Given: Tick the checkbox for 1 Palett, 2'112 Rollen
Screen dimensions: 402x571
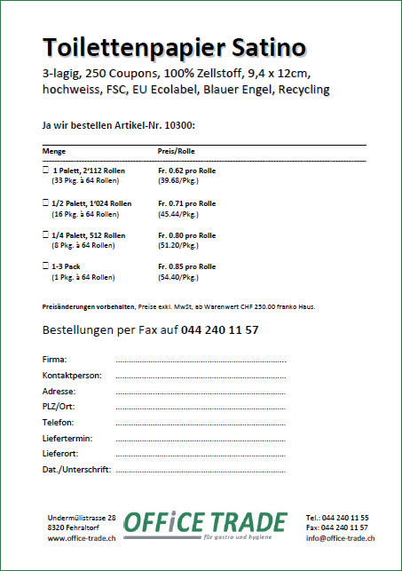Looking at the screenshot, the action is tap(45, 169).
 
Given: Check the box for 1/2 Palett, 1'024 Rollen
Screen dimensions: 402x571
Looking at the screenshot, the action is tap(45, 202).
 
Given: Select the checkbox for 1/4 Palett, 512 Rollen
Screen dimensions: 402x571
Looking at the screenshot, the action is tap(45, 234).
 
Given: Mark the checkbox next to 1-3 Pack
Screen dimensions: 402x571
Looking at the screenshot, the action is tap(45, 266).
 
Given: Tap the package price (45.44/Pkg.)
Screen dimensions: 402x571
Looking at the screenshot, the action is tap(177, 213).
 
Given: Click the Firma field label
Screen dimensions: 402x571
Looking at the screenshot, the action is tap(54, 360).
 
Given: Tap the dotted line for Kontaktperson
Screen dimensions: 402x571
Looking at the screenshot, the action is tap(201, 377).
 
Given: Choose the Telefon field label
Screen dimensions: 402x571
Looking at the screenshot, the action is tap(58, 423).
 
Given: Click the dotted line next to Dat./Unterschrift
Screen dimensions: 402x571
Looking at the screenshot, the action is tap(201, 470).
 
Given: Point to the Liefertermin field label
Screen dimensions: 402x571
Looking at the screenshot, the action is tap(67, 439).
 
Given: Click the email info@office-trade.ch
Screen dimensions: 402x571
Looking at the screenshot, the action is tap(339, 538).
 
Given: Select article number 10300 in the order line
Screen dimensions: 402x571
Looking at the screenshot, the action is tap(178, 125).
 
